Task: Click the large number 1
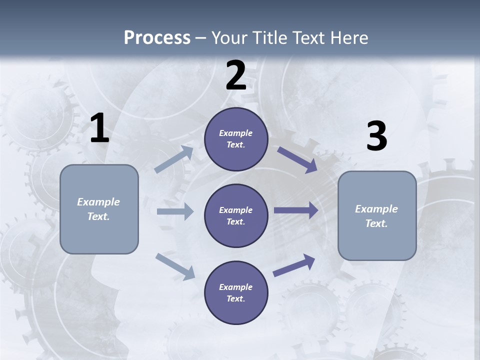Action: pos(99,129)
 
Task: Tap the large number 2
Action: pos(236,75)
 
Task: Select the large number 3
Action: pos(376,136)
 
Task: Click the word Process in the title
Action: pos(157,37)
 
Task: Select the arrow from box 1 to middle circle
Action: pos(175,211)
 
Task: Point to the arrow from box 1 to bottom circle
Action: pos(175,266)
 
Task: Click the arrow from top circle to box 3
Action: pos(297,160)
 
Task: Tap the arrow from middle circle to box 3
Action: pos(296,210)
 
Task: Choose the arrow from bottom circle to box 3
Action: pos(294,265)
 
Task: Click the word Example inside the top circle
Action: pos(236,133)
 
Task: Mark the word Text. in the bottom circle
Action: pos(236,298)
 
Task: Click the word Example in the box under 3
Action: pos(376,209)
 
